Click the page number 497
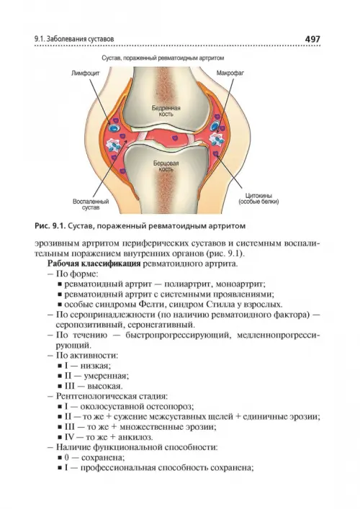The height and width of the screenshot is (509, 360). [x=312, y=40]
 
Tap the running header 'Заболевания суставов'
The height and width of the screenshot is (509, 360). [x=80, y=40]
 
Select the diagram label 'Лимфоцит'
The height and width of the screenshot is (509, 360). [x=86, y=73]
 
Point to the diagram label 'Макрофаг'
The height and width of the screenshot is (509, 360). [x=230, y=73]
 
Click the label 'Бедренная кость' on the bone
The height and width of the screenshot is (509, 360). [x=166, y=111]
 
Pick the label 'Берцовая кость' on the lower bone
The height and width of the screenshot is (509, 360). [x=166, y=166]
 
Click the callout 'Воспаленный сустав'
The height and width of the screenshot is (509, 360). [x=91, y=204]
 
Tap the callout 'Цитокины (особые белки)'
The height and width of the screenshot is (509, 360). [x=258, y=199]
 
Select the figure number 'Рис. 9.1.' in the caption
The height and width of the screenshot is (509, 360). [x=50, y=226]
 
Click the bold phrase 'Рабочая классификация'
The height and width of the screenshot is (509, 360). [x=94, y=263]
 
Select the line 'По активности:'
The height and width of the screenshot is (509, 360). [x=87, y=355]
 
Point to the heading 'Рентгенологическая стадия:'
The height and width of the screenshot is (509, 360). [x=112, y=396]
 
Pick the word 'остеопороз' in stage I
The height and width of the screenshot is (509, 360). [x=171, y=407]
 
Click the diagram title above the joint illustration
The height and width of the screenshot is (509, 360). [x=163, y=58]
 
